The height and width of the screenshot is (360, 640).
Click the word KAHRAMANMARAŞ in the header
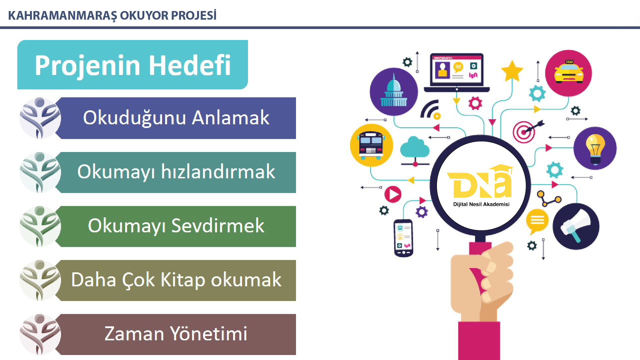[62, 16]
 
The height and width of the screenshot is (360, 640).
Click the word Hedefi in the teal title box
[190, 65]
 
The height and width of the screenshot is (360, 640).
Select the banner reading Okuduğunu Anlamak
[176, 118]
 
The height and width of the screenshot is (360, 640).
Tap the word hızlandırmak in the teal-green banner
[218, 172]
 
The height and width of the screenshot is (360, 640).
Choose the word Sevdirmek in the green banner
[218, 226]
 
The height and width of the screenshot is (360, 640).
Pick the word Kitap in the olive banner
[183, 280]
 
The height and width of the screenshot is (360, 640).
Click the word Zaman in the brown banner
[134, 334]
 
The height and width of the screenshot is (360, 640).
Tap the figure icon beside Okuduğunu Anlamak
[40, 118]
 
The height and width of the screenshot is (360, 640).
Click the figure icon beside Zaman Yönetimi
[40, 334]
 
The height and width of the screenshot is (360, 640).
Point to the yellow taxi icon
[569, 72]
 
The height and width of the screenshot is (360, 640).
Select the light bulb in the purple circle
[595, 149]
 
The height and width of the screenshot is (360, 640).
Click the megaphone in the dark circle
[575, 226]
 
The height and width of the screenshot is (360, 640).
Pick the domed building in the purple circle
[394, 91]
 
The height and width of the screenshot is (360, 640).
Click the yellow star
[512, 71]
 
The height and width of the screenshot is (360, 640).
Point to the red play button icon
[393, 194]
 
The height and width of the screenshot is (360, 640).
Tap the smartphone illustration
[404, 238]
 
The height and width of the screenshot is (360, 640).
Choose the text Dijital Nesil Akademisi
[481, 204]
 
